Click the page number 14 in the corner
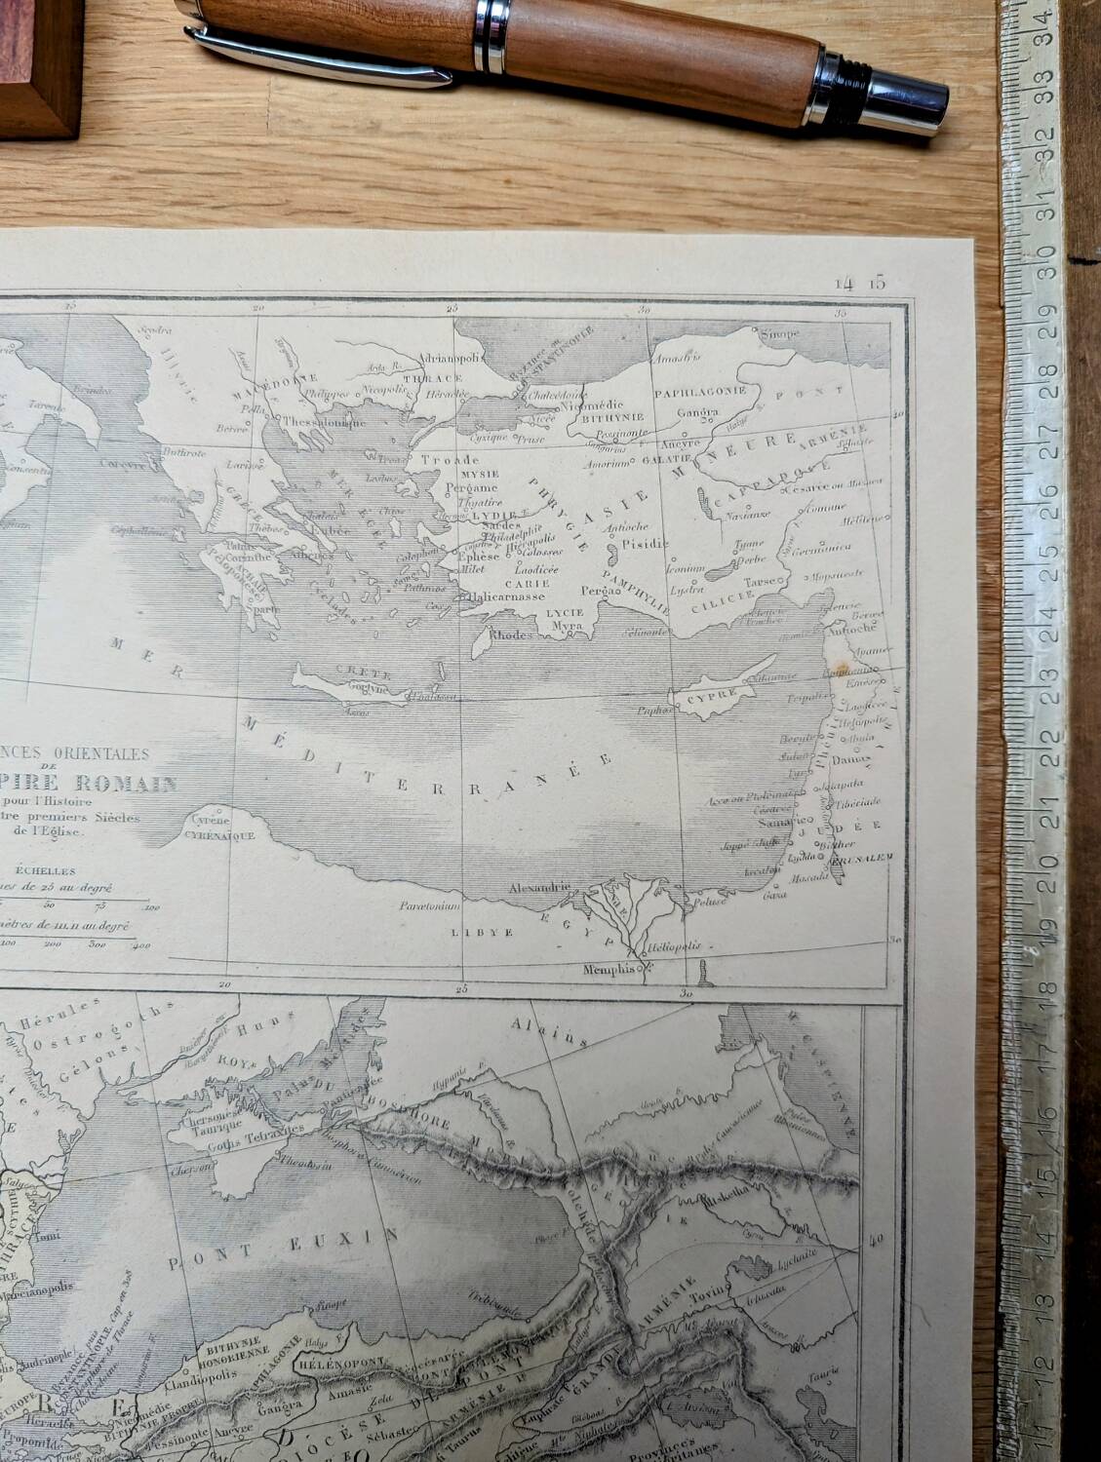(844, 284)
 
